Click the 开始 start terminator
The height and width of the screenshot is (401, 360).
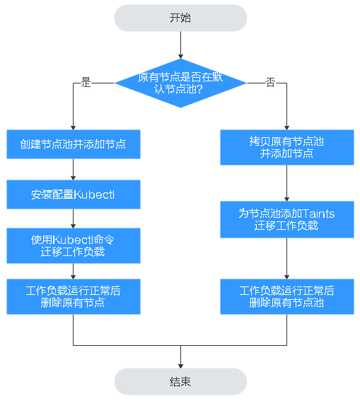coord(180,18)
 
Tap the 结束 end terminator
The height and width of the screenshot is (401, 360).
coord(180,382)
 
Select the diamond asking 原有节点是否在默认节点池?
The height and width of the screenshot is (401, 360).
coord(180,83)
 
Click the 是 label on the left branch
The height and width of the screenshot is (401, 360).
coord(86,83)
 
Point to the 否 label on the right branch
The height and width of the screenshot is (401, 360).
coord(270,83)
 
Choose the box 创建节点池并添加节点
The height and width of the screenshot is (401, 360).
coord(74,144)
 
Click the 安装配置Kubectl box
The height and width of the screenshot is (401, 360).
coord(74,194)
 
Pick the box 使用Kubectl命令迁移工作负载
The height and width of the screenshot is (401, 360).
coord(74,245)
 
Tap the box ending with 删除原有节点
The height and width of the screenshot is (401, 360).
coord(74,296)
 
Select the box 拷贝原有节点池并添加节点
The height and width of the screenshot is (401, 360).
coord(287,147)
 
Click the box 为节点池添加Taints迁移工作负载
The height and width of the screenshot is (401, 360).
coord(287,219)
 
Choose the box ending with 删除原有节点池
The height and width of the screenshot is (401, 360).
coord(287,296)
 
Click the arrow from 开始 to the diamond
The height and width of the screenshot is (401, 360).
coord(180,45)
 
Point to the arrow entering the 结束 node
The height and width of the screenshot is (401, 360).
coord(180,357)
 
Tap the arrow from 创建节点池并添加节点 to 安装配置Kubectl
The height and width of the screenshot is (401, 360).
coord(74,169)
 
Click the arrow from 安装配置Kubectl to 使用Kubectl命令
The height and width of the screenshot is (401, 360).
coord(74,219)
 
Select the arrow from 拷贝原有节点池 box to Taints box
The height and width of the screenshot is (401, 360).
coord(287,183)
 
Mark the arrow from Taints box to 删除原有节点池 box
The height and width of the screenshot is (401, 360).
coord(287,258)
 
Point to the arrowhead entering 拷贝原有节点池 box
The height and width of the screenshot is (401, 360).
coord(287,128)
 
